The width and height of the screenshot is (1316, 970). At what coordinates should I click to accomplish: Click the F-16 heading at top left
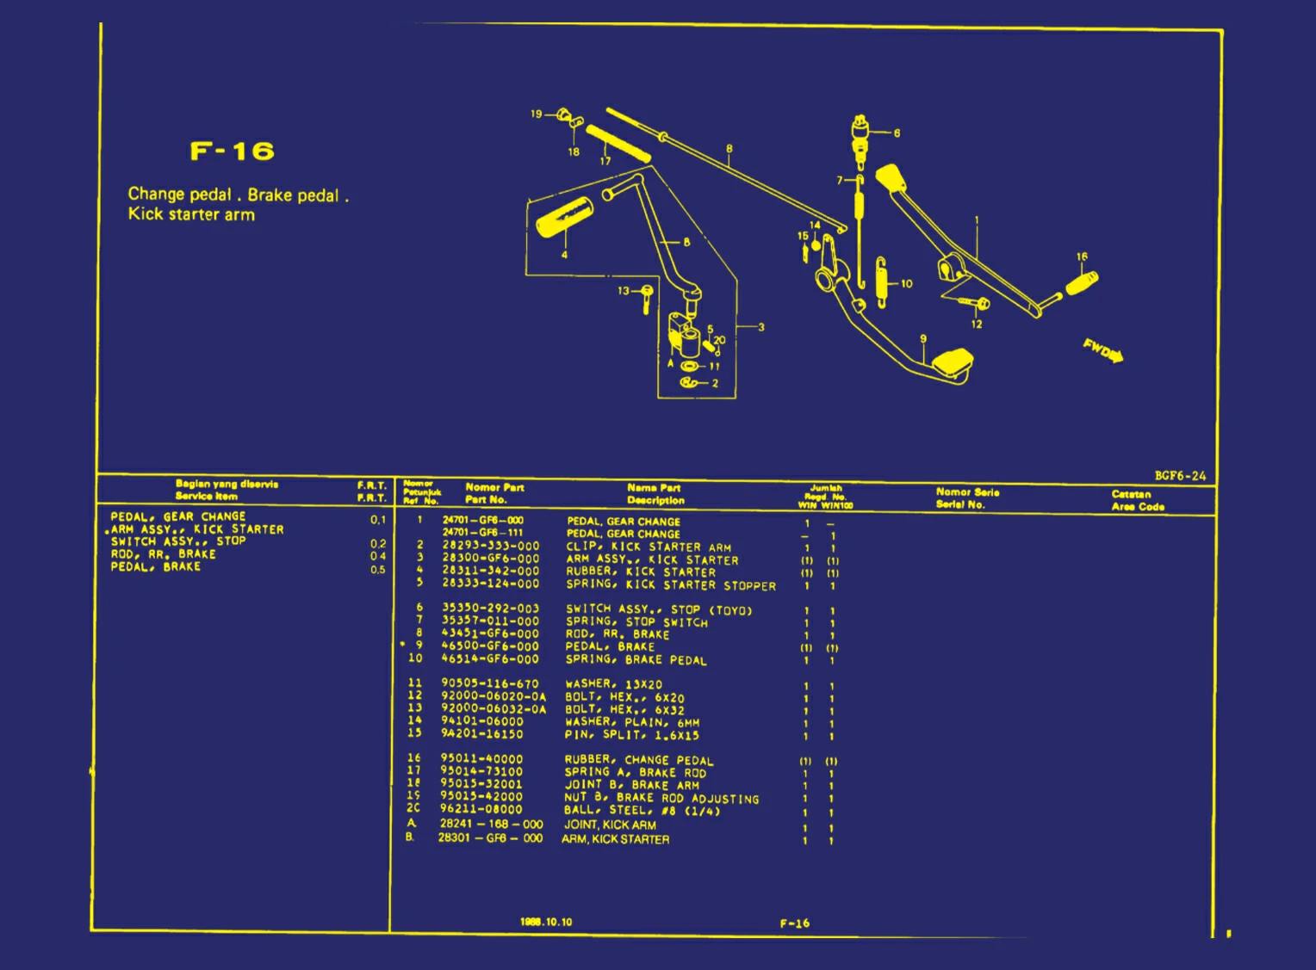tap(232, 151)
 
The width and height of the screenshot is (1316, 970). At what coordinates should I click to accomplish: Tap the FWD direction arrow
tap(1103, 350)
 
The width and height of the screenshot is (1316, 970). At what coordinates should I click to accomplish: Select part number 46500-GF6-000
tap(489, 646)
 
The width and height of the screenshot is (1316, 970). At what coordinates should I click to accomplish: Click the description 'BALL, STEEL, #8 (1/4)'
tap(641, 811)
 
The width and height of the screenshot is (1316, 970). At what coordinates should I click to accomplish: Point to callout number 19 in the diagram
tap(536, 114)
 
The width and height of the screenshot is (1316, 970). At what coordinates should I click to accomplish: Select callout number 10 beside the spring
tap(906, 283)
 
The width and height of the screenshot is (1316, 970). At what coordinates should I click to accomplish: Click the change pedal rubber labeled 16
tap(1082, 281)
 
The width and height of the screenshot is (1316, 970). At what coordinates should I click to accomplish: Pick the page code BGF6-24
tap(1179, 476)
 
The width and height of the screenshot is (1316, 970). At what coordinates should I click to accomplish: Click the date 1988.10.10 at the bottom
tap(545, 922)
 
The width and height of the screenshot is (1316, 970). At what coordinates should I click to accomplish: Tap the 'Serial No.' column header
tap(959, 504)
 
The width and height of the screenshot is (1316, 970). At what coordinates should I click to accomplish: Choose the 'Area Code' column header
tap(1137, 506)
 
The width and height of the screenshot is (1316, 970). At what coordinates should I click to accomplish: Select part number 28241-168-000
tap(490, 825)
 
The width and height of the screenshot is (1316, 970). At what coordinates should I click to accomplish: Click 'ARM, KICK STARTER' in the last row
tap(615, 839)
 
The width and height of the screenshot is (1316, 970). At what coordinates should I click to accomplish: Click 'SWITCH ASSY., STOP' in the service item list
tap(177, 541)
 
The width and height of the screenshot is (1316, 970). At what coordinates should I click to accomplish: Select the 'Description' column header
tap(655, 500)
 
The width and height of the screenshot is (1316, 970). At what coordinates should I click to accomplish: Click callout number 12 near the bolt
tap(976, 324)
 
